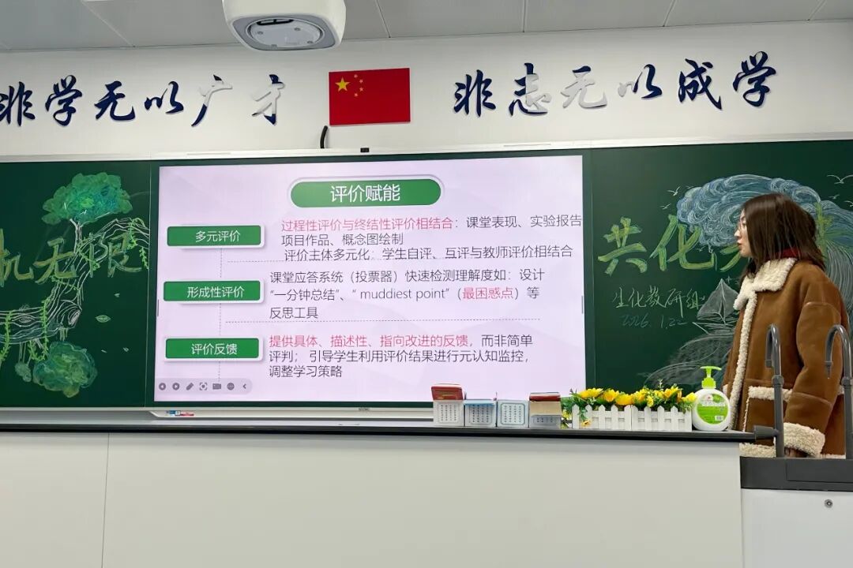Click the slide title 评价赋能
365,192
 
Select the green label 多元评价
214,236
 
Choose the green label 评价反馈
213,349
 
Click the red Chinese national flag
369,96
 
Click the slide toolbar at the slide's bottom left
203,387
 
